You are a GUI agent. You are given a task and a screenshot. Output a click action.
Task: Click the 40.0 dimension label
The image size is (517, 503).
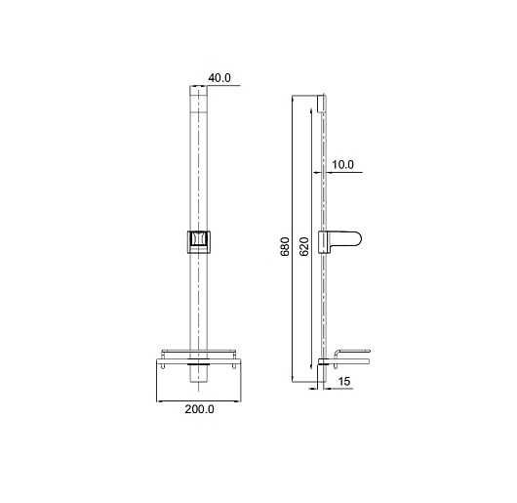(x=219, y=78)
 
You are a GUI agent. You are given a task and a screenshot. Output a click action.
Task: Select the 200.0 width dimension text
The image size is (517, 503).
(x=199, y=409)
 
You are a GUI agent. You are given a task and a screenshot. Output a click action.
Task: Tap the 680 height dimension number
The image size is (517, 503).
(x=285, y=246)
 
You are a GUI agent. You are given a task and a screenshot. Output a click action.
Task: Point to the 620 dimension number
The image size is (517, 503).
(x=304, y=246)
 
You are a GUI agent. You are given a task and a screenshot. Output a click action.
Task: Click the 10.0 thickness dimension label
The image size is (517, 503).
(x=342, y=164)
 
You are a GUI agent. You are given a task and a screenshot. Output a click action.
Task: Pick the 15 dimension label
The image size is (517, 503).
(x=344, y=382)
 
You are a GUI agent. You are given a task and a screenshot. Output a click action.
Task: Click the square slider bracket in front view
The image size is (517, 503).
(x=199, y=242)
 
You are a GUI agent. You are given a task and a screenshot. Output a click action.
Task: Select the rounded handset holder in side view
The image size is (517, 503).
(x=339, y=242)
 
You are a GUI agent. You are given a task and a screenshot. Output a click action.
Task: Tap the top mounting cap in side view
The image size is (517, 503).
(x=322, y=104)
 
